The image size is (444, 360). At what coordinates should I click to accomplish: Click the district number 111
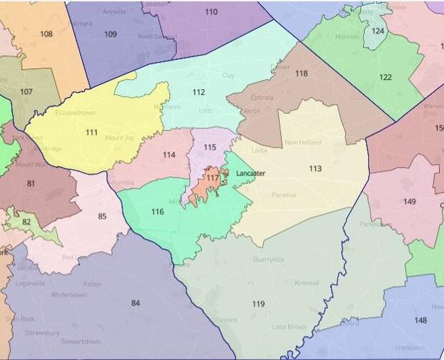click(92, 132)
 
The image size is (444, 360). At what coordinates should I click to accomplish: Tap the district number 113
click(315, 168)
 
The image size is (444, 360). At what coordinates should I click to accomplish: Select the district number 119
click(258, 304)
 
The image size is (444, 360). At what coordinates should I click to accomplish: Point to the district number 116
click(157, 212)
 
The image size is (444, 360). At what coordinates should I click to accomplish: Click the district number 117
click(213, 177)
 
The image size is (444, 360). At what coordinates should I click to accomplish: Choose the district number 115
click(210, 147)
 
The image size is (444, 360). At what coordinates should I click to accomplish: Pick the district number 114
click(168, 155)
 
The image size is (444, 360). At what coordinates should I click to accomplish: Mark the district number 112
click(199, 91)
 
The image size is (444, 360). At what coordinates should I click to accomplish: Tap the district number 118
click(301, 73)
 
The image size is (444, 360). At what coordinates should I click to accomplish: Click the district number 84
click(135, 302)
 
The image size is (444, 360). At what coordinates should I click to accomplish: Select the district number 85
click(102, 216)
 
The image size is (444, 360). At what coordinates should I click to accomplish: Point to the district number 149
click(409, 201)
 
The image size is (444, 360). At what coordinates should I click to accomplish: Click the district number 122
click(386, 77)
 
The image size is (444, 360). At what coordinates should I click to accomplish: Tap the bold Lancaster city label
click(251, 174)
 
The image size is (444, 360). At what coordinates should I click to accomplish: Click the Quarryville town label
click(268, 259)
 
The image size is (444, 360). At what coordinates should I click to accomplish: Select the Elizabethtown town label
click(75, 113)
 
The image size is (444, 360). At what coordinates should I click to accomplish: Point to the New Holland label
click(302, 143)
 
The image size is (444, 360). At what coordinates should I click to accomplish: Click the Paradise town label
click(284, 195)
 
